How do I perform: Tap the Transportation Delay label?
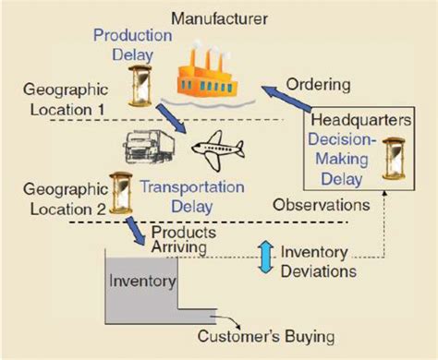pyautogui.click(x=193, y=195)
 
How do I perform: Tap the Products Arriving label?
pyautogui.click(x=184, y=239)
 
